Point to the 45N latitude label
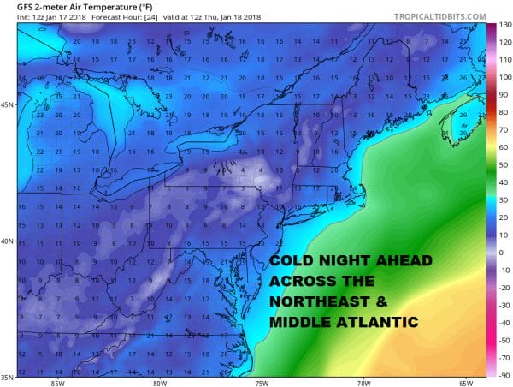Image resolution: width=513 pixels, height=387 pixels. point(8,105)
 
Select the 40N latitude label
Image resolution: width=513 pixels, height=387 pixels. point(8,241)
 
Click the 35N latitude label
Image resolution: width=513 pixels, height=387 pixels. point(8,374)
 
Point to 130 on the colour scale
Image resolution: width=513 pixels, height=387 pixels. point(504,25)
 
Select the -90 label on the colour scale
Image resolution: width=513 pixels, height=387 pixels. point(504,375)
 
